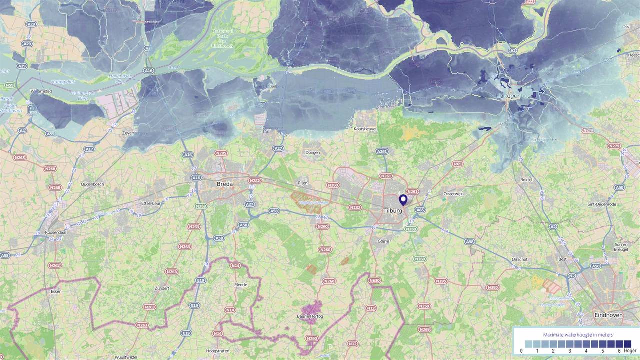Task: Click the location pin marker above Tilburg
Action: (x=403, y=200)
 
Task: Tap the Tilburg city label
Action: (x=393, y=211)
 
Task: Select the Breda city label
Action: (x=224, y=184)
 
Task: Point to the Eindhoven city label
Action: (x=608, y=315)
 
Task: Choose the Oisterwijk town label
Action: (x=454, y=194)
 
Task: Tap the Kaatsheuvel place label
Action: (x=365, y=129)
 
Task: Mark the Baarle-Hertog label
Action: (x=310, y=316)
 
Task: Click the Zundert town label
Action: (x=162, y=288)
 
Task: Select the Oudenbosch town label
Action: (x=92, y=184)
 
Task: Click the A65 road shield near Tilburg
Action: (x=420, y=210)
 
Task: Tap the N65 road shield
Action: (x=457, y=164)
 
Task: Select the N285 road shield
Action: (x=221, y=153)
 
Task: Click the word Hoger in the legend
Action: (x=630, y=351)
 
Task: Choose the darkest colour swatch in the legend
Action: (x=627, y=344)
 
